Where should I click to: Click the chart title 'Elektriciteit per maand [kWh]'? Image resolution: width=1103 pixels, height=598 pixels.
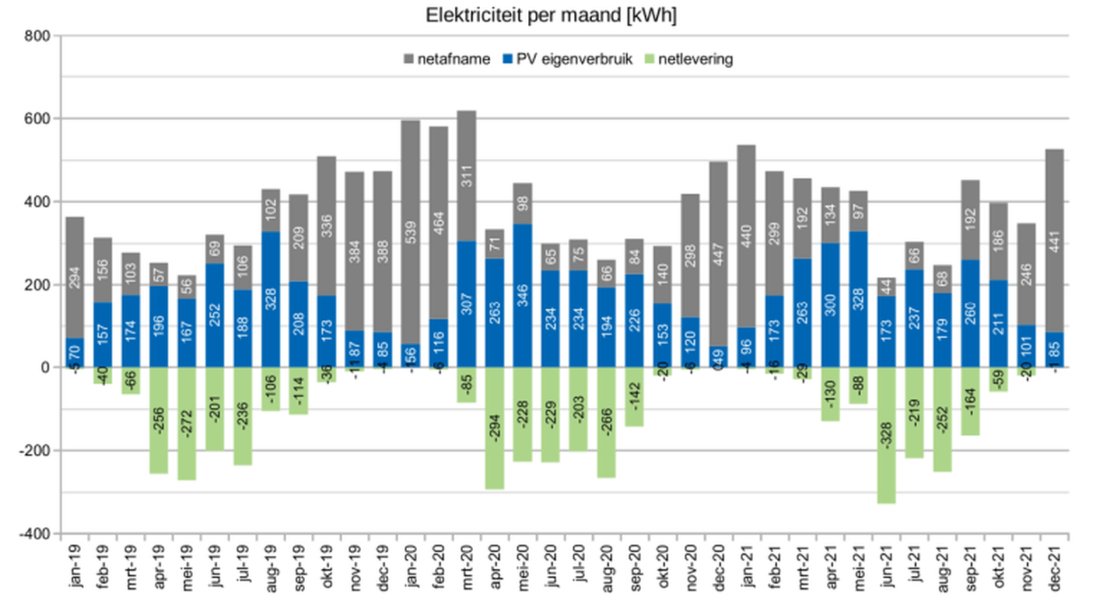[551, 15]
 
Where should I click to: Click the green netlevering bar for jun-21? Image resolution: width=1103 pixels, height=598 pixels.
[886, 436]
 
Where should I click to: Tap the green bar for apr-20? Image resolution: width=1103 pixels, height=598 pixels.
[494, 428]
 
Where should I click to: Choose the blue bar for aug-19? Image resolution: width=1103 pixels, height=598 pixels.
[270, 300]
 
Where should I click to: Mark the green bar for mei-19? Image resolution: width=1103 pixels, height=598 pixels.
[186, 424]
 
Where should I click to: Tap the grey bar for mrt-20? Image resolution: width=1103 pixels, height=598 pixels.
[466, 175]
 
